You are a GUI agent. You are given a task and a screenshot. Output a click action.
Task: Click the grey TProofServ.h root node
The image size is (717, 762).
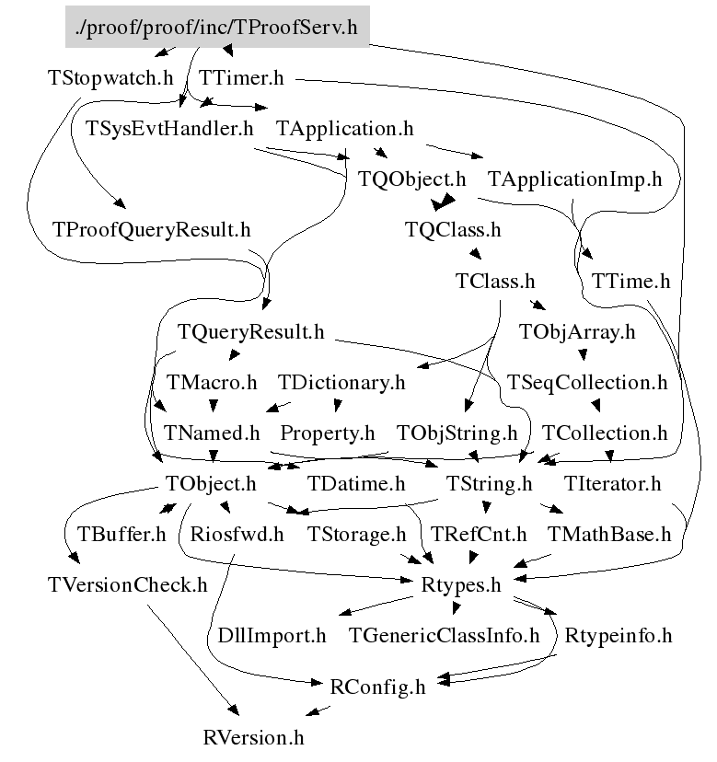pyautogui.click(x=217, y=28)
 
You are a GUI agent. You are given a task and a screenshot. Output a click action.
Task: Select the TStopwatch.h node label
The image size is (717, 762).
pyautogui.click(x=110, y=77)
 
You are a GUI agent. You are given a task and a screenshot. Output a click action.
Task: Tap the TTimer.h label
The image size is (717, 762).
pyautogui.click(x=240, y=77)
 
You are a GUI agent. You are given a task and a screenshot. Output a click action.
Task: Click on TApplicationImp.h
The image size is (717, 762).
pyautogui.click(x=574, y=179)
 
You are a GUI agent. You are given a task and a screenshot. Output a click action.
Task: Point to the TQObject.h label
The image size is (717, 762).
pyautogui.click(x=412, y=179)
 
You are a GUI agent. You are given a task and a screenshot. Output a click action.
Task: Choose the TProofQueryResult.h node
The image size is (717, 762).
pyautogui.click(x=152, y=229)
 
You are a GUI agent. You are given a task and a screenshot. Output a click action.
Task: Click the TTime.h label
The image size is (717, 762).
pyautogui.click(x=631, y=280)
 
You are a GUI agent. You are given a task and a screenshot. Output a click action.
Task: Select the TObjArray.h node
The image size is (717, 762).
pyautogui.click(x=577, y=331)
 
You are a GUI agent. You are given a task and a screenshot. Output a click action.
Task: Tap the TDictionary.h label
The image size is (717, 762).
pyautogui.click(x=341, y=381)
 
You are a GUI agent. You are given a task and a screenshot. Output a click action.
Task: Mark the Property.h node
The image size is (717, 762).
pyautogui.click(x=328, y=432)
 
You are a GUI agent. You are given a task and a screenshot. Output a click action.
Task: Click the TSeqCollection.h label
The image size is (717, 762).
pyautogui.click(x=581, y=381)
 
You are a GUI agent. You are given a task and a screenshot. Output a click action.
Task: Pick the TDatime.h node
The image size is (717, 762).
pyautogui.click(x=356, y=482)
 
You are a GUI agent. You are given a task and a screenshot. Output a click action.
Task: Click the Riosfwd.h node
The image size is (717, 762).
pyautogui.click(x=237, y=534)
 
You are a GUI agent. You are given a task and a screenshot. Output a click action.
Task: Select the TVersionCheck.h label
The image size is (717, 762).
pyautogui.click(x=127, y=584)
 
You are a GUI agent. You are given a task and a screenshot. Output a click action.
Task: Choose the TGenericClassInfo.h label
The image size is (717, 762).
pyautogui.click(x=445, y=635)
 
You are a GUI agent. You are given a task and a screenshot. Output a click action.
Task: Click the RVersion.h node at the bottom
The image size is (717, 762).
pyautogui.click(x=253, y=736)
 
